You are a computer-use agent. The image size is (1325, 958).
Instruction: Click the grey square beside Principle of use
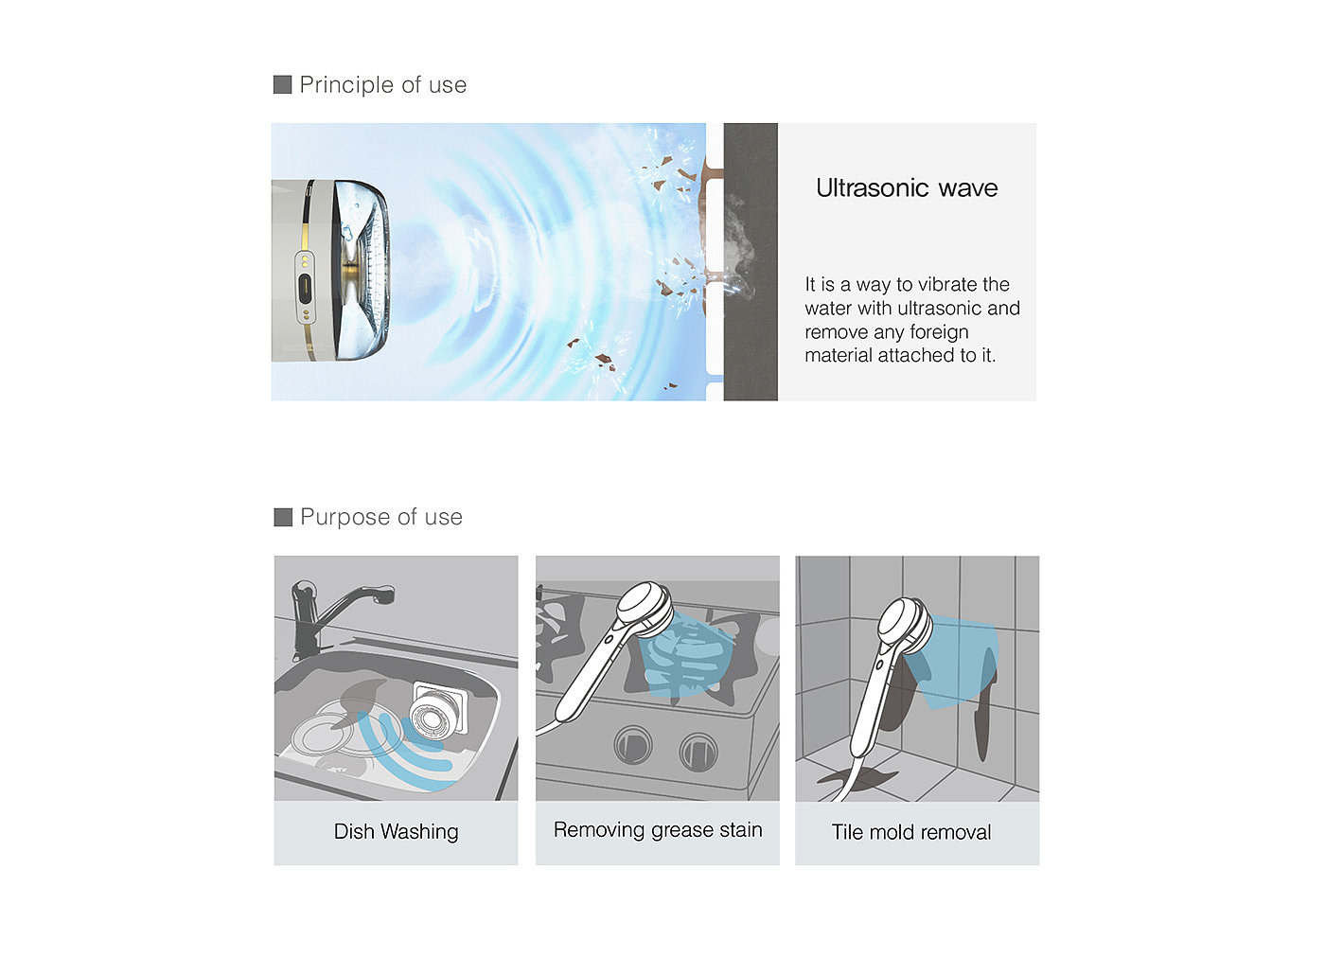point(282,84)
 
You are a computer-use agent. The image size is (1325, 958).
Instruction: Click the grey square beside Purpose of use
point(283,517)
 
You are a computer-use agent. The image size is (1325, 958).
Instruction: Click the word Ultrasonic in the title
point(873,187)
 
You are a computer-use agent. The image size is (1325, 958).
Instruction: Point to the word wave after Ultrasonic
point(968,188)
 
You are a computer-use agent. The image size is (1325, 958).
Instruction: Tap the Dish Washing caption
point(396,832)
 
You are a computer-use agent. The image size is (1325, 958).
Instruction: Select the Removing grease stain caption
point(658,830)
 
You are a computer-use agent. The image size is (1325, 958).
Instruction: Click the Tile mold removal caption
point(910,832)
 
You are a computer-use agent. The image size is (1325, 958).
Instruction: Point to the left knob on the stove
point(633,746)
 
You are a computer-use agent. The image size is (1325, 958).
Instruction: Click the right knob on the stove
point(698,752)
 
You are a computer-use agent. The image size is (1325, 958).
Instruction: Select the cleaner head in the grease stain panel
point(645,608)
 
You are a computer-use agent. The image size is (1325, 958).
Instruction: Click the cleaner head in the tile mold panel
point(905,626)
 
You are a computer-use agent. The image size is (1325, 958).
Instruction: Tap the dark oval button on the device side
point(305,289)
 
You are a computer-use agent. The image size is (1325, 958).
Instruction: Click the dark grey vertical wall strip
point(751,261)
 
